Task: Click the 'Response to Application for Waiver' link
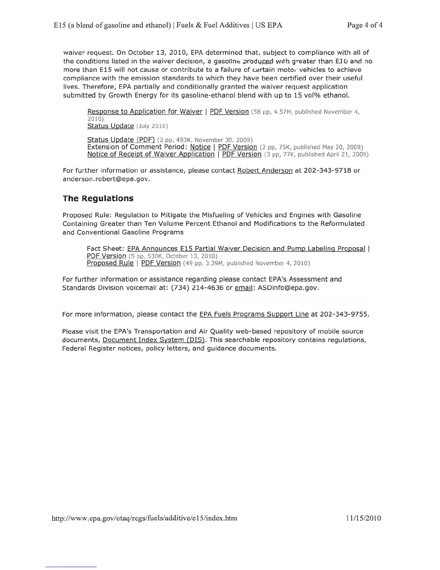[145, 112]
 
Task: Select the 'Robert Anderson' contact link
[265, 171]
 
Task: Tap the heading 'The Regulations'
[98, 199]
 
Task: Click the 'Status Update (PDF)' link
[121, 140]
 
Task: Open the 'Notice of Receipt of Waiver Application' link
[151, 154]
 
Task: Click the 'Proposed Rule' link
[110, 263]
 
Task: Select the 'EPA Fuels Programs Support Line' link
[254, 315]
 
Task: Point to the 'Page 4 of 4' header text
[365, 25]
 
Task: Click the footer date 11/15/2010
[363, 518]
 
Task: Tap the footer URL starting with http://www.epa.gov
[145, 518]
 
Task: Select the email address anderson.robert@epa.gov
[106, 179]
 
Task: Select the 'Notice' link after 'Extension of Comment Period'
[200, 147]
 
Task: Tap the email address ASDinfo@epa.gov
[288, 288]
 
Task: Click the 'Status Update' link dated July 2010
[110, 126]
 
